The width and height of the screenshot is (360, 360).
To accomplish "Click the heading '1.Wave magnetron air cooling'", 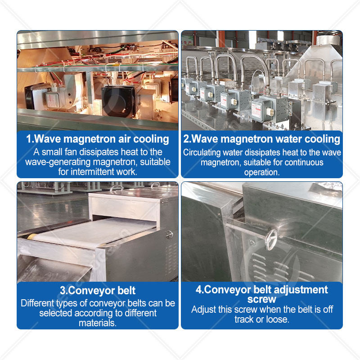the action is [98, 139].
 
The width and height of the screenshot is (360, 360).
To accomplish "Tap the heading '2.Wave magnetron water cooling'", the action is [262, 139].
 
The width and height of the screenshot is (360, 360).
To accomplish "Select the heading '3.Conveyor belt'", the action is [98, 290].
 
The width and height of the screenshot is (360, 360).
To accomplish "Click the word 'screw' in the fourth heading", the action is [262, 299].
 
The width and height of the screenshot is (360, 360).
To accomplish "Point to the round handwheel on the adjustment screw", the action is [271, 240].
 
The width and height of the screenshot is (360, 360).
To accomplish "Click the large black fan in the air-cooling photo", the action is [118, 100].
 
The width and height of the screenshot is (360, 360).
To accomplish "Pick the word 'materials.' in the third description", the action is [98, 323].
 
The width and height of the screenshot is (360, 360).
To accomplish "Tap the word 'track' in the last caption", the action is [244, 319].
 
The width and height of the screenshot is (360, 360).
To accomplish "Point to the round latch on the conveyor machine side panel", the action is [170, 234].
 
